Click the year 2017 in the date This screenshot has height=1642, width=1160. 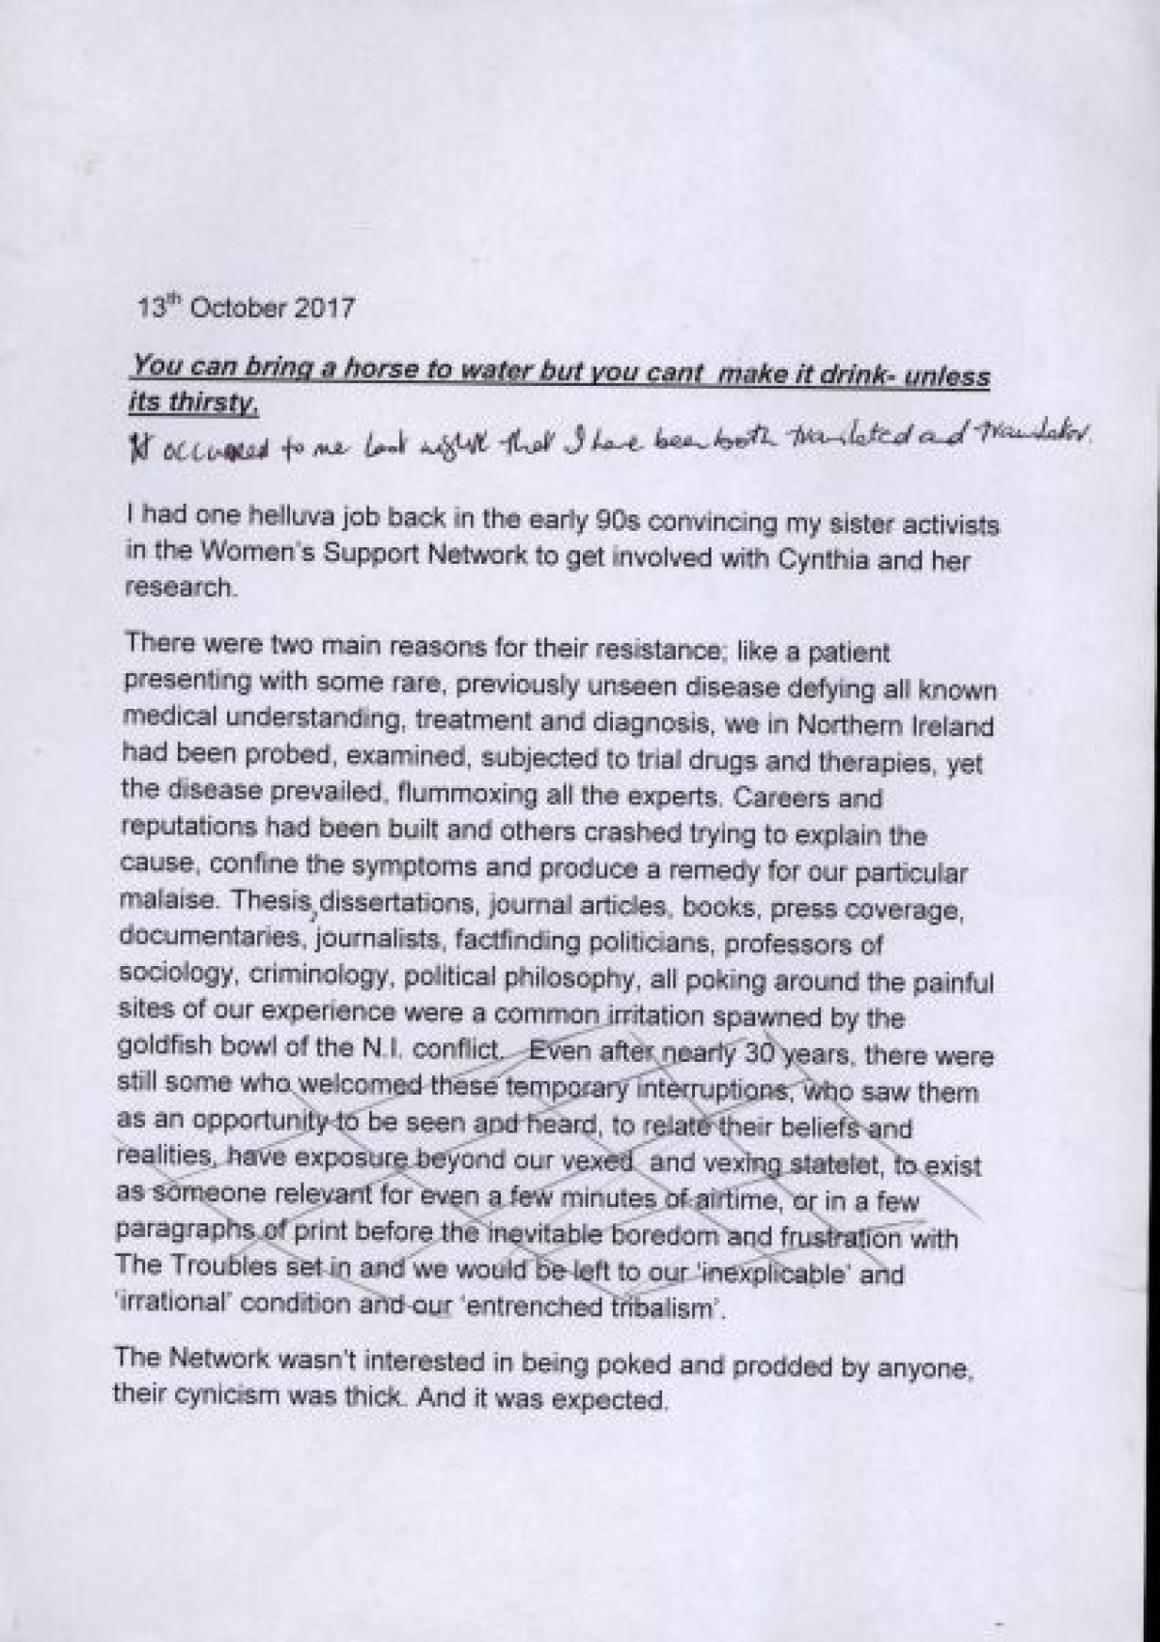(322, 309)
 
